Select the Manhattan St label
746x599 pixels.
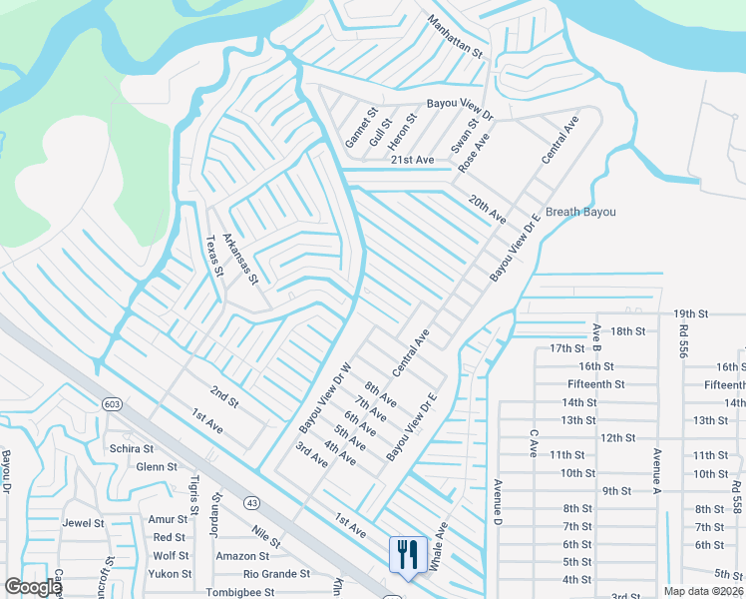point(455,36)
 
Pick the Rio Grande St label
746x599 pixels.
point(277,574)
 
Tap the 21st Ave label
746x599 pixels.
point(412,160)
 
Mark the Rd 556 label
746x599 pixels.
point(683,339)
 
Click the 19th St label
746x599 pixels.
point(690,313)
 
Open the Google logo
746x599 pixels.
point(33,587)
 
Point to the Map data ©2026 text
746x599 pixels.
point(703,591)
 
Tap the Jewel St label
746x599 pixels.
point(83,522)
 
